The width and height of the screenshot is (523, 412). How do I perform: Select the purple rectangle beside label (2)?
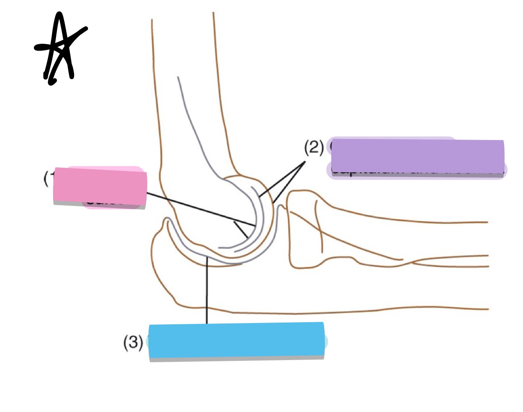tap(417, 157)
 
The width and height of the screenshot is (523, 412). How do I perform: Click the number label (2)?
tap(314, 147)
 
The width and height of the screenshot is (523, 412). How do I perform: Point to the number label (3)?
tap(133, 342)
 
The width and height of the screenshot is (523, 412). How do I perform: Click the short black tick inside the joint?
tap(241, 230)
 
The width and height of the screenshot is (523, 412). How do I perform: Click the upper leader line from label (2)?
tap(282, 179)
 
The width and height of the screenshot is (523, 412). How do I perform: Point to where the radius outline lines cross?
tap(407, 261)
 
